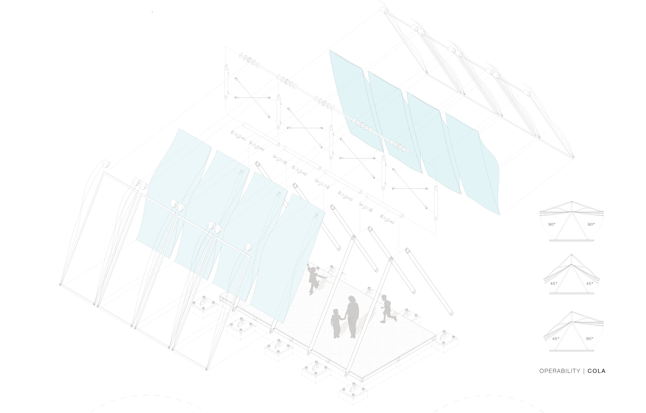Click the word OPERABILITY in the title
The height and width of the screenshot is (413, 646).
[x=560, y=371]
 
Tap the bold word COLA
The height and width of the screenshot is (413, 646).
[x=597, y=371]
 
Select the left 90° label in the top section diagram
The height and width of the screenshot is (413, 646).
[x=552, y=224]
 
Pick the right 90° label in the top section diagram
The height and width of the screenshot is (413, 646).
[x=591, y=224]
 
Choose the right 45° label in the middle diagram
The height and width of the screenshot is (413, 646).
[x=590, y=283]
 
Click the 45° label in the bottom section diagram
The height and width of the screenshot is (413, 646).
[x=556, y=339]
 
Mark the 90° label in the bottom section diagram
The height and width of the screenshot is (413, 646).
[x=590, y=339]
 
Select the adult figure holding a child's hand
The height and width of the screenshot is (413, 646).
[x=352, y=317]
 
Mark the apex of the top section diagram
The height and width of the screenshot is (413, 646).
[x=572, y=202]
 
